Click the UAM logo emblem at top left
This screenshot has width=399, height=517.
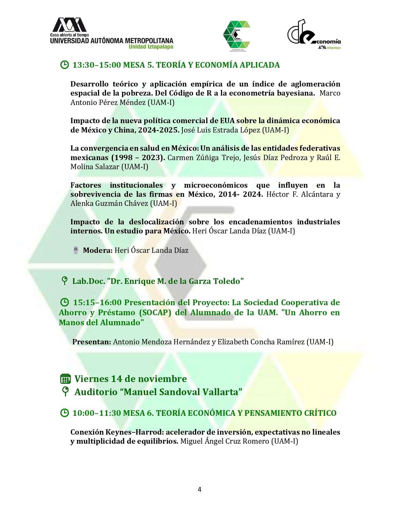click(69, 25)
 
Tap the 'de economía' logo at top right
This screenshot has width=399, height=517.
click(314, 34)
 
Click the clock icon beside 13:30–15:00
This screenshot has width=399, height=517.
click(64, 65)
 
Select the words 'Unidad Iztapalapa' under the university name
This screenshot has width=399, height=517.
click(151, 47)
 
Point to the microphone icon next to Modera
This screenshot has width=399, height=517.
click(76, 250)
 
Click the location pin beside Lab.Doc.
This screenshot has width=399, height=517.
click(64, 281)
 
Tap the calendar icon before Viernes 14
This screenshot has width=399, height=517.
click(65, 379)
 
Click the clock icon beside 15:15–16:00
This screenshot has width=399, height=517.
click(64, 302)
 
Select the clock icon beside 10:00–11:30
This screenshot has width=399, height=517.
click(64, 413)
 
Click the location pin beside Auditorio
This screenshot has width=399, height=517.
click(65, 392)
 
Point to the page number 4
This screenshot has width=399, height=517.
click(200, 489)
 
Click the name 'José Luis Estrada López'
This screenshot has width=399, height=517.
click(221, 130)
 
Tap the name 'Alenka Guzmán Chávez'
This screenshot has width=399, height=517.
click(109, 203)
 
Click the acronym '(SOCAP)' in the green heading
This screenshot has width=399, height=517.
click(155, 312)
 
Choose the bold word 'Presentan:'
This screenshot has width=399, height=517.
click(92, 342)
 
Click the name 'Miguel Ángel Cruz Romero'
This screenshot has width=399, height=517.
click(225, 441)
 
